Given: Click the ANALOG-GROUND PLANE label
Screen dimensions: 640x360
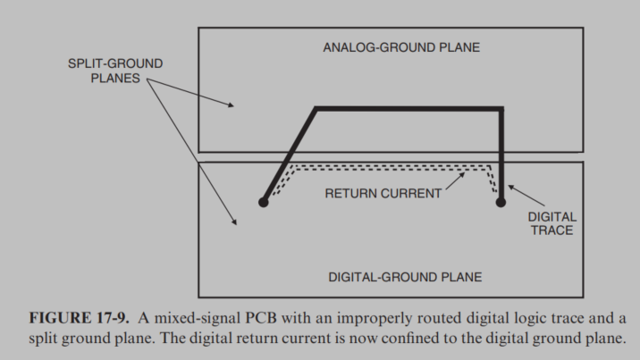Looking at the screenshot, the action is tap(400, 47).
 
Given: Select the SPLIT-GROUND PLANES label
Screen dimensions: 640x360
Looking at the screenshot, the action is tap(115, 71).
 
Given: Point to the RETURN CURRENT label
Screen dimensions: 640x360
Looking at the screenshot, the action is tap(383, 193).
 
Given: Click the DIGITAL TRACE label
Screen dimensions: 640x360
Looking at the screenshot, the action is tap(552, 223).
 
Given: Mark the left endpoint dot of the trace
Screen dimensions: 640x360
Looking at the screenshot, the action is tap(263, 203).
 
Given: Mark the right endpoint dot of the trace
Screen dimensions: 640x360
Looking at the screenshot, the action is tap(501, 203).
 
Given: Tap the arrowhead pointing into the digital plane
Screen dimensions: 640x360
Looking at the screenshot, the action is tap(235, 221).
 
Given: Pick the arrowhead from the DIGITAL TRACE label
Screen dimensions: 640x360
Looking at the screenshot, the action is tap(511, 186).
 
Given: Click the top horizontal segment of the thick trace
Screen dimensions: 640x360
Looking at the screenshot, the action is tap(407, 108).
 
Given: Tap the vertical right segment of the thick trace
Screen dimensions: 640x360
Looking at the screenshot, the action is tap(501, 152).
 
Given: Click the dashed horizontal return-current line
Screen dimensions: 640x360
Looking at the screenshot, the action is tap(393, 166).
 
